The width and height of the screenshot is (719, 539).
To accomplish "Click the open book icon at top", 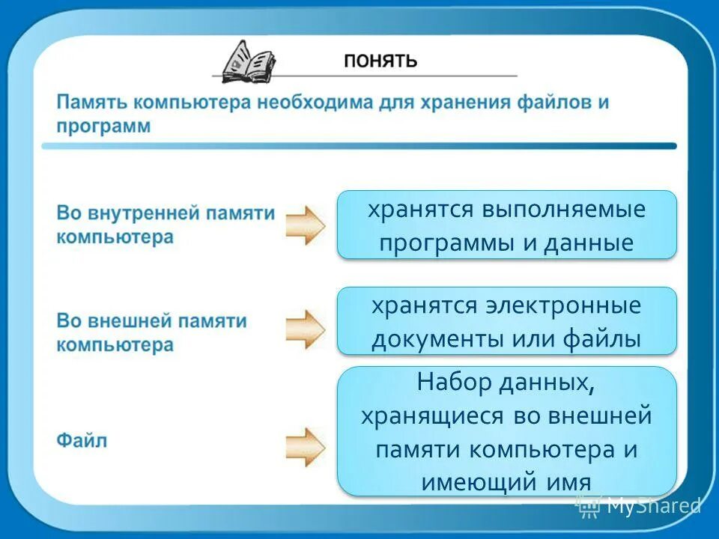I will [x=248, y=61].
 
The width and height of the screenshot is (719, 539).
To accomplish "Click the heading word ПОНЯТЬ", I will [x=380, y=61].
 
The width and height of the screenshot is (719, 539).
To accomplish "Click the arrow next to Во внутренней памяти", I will [x=306, y=225].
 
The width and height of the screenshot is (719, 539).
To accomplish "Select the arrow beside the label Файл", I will [x=306, y=447].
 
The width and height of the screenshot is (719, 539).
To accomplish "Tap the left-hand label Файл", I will [x=82, y=440].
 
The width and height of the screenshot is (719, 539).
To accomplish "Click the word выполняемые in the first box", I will [x=563, y=210].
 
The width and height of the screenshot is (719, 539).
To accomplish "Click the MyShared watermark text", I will [x=654, y=506].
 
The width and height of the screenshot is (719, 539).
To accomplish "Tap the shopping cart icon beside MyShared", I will [x=588, y=506].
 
